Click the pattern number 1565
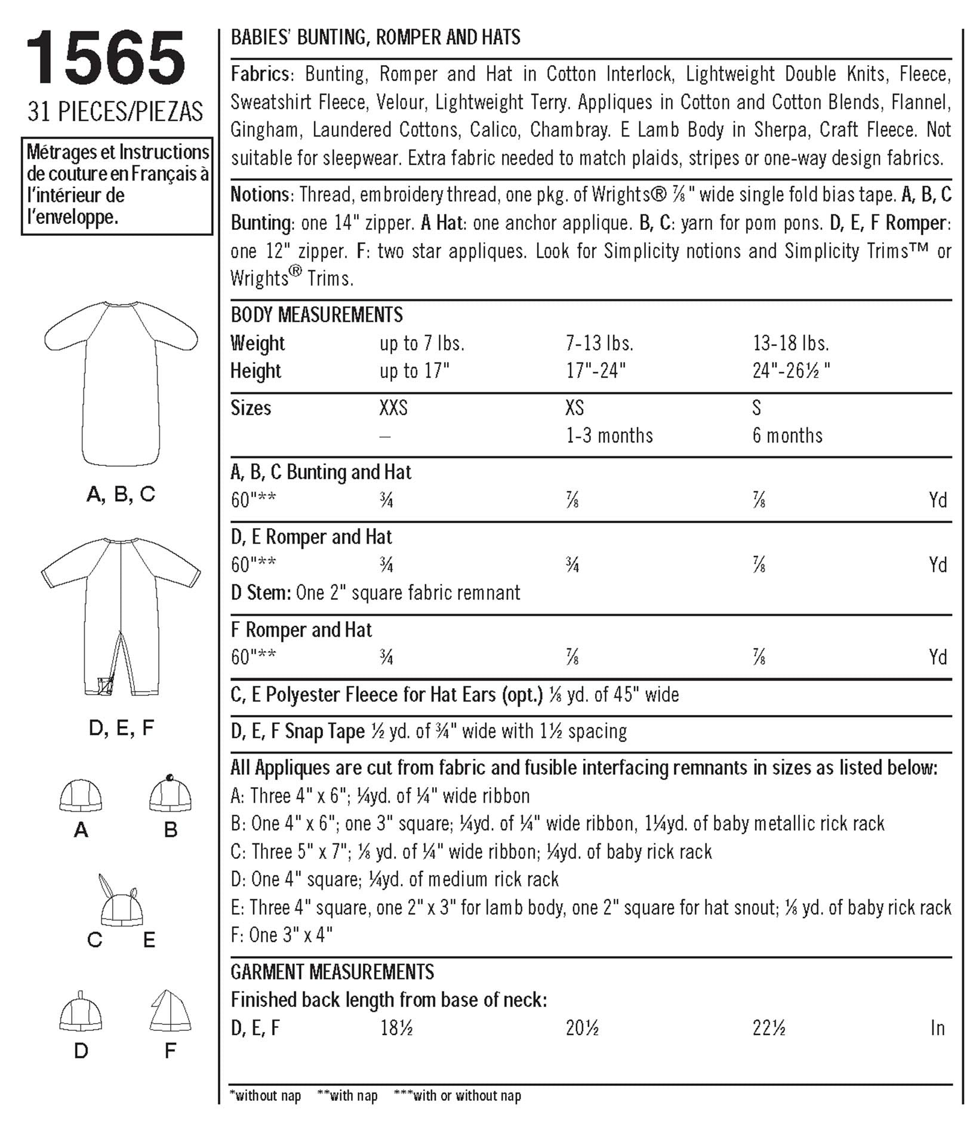coord(106,59)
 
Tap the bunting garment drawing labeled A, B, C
coord(121,382)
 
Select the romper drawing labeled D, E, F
coord(121,615)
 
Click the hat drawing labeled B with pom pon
coord(170,794)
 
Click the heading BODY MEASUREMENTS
coord(316,315)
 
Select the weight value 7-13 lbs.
coord(599,343)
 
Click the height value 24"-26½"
coord(791,371)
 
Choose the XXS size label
coord(393,408)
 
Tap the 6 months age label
coord(787,435)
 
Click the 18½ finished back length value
coord(396,1028)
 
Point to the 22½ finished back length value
coord(769,1028)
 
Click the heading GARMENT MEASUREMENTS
coord(332,972)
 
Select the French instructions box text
coord(118,185)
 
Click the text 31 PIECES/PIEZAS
coord(115,112)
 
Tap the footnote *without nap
coord(265,1095)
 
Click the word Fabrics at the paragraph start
coord(261,74)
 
